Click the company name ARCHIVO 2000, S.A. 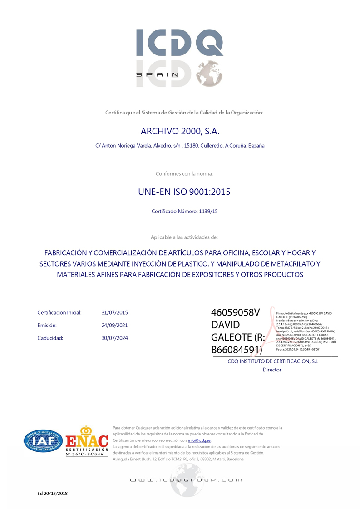[180, 132]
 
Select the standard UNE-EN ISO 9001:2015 [184, 192]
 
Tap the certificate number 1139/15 [208, 212]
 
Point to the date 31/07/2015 [115, 312]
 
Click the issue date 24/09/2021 [115, 325]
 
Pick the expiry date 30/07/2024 [115, 338]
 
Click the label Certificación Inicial [59, 312]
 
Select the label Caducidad [50, 338]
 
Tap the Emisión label [47, 325]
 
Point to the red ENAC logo [87, 440]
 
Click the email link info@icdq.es [200, 440]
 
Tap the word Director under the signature [272, 370]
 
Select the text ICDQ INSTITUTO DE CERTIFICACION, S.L [272, 361]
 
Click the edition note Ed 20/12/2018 [52, 493]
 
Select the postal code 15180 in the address [192, 146]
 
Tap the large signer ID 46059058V [235, 313]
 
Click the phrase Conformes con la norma [184, 173]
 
